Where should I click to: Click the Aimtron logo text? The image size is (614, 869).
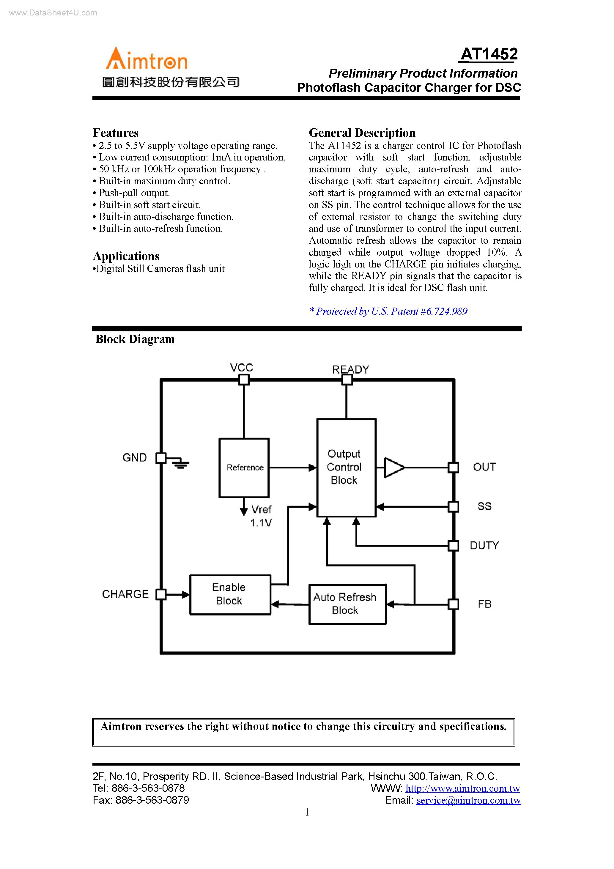147,60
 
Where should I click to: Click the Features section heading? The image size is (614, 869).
116,133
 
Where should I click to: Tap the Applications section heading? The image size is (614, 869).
126,256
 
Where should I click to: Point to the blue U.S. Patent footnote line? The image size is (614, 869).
388,311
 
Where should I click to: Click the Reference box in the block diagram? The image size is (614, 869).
245,468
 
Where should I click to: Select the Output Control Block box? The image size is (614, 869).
346,468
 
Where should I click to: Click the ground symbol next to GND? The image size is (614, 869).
181,464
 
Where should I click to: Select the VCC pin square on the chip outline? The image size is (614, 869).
244,380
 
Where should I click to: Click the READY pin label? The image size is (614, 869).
350,369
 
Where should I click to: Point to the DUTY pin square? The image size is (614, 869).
453,546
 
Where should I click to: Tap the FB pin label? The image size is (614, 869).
484,604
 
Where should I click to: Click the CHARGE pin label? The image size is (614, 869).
125,594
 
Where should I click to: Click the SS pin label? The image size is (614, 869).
484,506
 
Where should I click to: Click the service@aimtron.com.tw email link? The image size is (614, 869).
468,800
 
